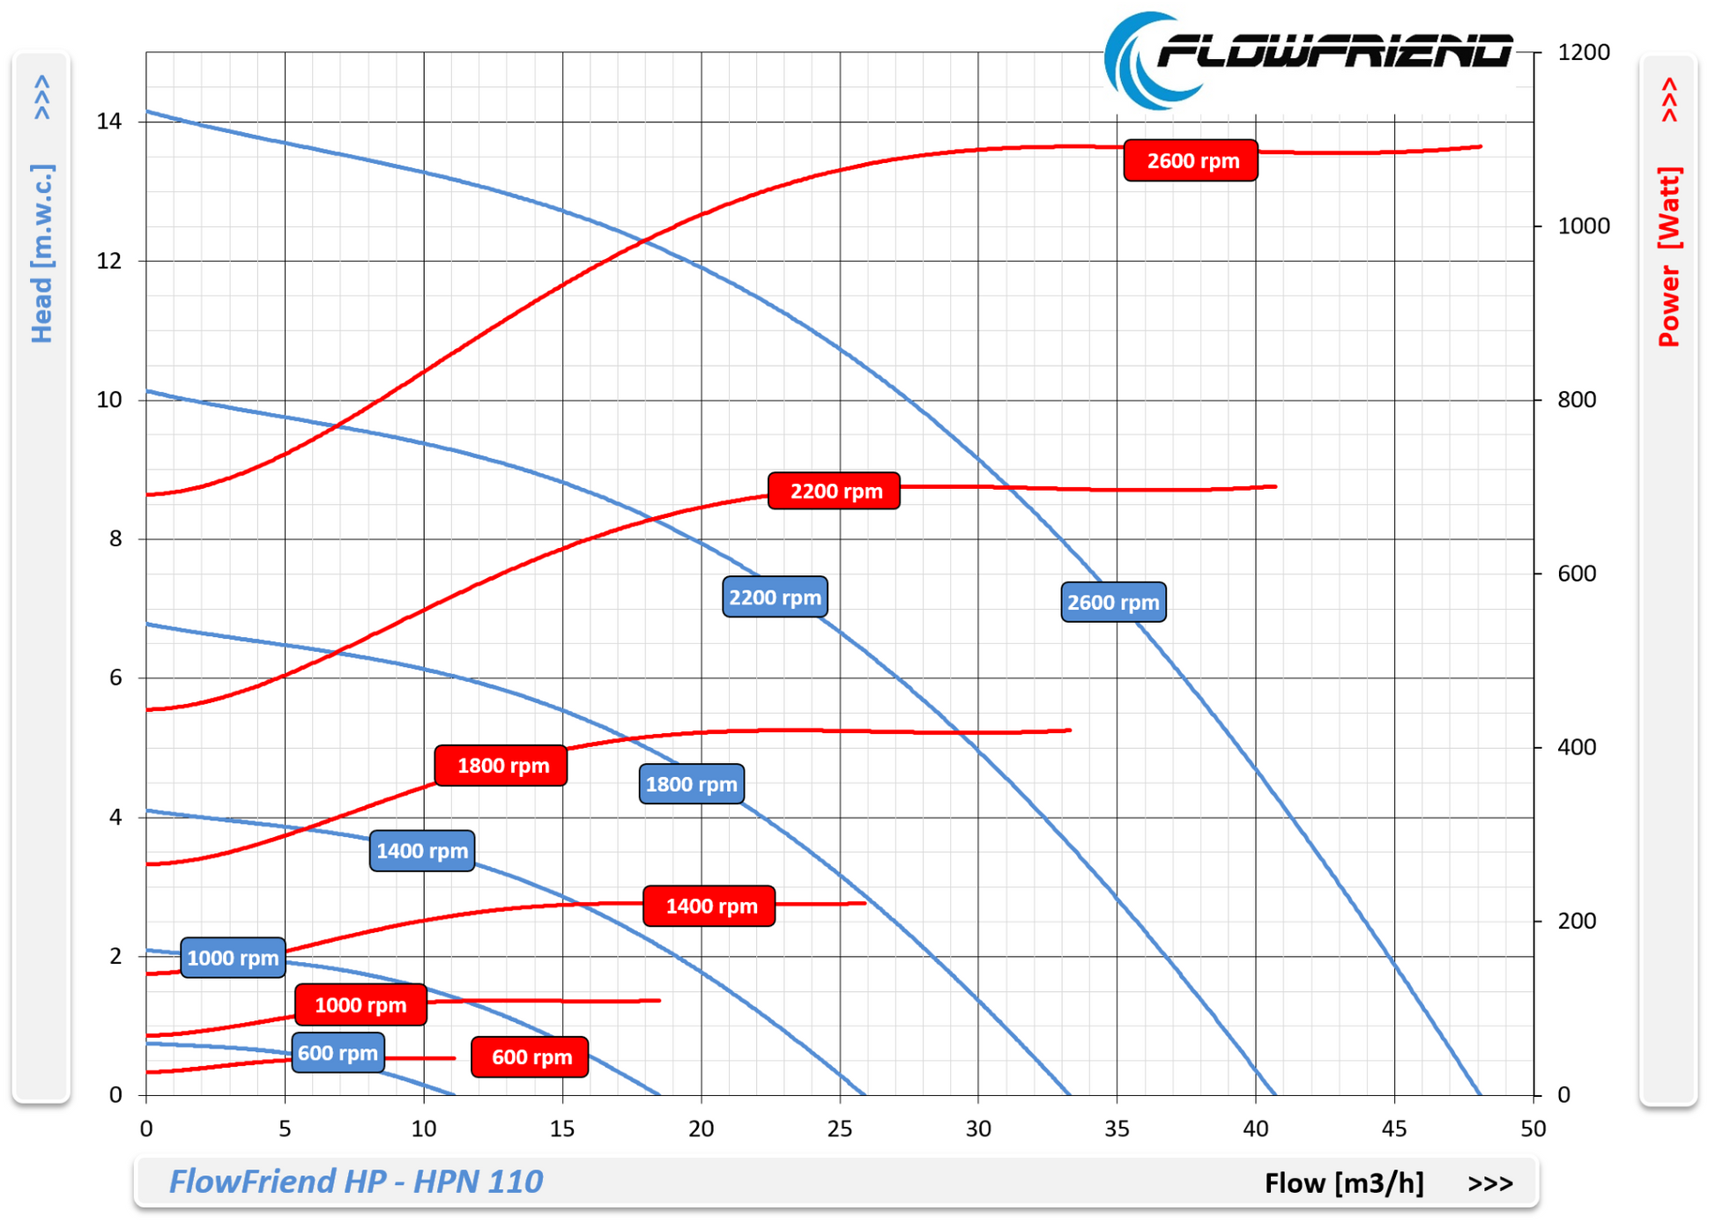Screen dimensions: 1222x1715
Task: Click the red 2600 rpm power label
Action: point(1190,160)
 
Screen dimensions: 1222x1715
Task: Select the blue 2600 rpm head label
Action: point(1113,603)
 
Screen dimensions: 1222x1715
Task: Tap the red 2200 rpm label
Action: point(834,491)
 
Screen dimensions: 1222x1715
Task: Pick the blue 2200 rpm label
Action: point(775,597)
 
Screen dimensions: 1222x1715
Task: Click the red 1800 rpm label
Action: point(501,766)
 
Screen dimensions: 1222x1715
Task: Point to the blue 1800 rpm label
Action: point(691,784)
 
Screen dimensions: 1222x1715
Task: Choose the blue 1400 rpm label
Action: point(422,851)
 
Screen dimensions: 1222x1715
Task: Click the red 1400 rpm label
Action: point(709,906)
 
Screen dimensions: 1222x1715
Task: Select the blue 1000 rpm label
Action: point(233,958)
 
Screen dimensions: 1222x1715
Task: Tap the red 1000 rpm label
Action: point(360,1005)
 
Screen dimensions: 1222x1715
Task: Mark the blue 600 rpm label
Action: point(338,1053)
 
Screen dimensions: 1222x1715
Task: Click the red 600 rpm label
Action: point(530,1057)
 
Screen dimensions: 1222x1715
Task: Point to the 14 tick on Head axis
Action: point(109,122)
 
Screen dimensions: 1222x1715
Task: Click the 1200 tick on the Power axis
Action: point(1583,53)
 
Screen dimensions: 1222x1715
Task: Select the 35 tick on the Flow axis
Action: point(1117,1129)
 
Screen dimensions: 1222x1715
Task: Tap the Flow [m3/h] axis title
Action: point(1343,1183)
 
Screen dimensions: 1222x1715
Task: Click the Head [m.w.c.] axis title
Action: point(41,253)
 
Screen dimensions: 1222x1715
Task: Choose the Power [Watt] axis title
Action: point(1669,256)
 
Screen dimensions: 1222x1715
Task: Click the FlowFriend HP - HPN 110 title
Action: point(355,1181)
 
